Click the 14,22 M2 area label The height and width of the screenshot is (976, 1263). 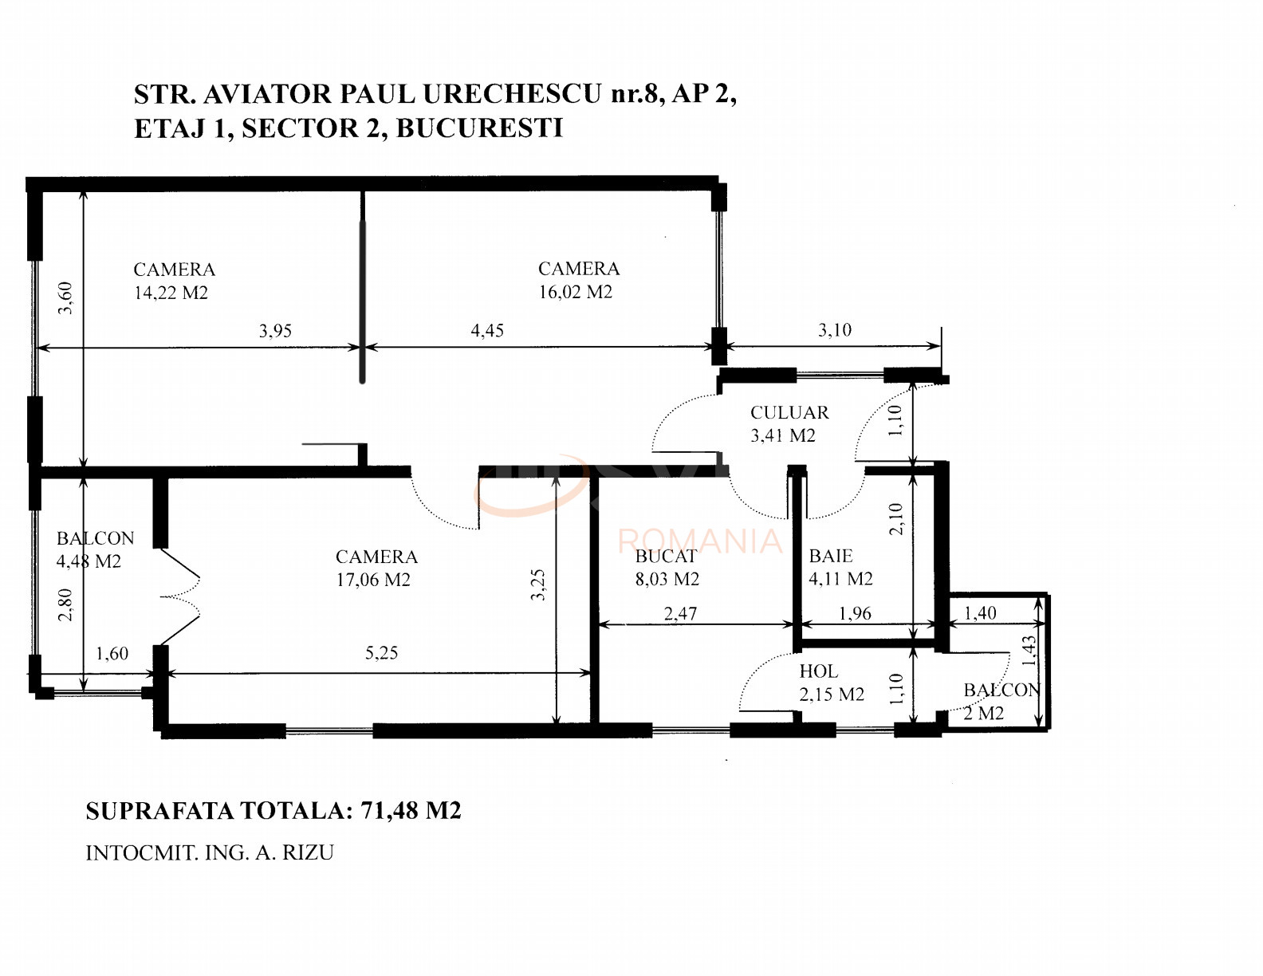(x=171, y=293)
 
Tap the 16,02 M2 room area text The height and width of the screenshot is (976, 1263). (x=575, y=292)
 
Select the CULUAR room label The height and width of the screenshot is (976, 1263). (x=789, y=412)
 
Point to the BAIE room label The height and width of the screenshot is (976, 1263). (x=830, y=556)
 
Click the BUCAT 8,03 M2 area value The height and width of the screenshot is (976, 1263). (x=667, y=579)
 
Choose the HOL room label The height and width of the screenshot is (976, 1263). (x=818, y=671)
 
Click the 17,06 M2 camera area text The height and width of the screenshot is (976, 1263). (x=372, y=580)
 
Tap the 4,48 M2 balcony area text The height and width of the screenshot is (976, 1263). (x=89, y=561)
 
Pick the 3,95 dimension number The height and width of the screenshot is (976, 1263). (x=275, y=331)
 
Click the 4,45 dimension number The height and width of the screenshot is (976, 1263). (x=487, y=330)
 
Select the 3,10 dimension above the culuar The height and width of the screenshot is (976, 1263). (x=835, y=330)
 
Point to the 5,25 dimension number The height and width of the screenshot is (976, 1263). (x=381, y=653)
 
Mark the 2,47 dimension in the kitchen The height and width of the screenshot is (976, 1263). (x=680, y=613)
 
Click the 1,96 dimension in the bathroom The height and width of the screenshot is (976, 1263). (x=855, y=613)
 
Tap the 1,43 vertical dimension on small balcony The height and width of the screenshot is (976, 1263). (x=1029, y=650)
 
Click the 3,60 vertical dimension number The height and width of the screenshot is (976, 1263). (x=65, y=297)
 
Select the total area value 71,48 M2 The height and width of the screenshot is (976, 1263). (x=411, y=811)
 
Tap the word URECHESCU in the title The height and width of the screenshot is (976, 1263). (x=512, y=94)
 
